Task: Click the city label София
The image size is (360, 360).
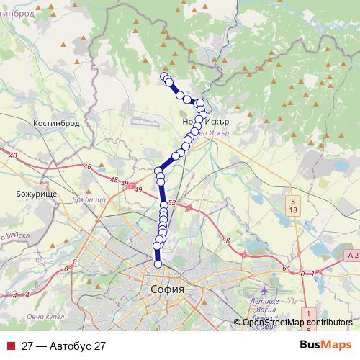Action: click(167, 289)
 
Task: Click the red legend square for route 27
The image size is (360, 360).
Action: click(10, 346)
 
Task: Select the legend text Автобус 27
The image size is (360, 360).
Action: click(63, 346)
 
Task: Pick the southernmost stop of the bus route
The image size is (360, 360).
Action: click(158, 264)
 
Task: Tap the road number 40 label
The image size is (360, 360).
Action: click(12, 156)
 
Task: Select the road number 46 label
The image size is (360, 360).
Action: click(88, 168)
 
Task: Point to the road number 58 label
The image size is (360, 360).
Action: click(225, 240)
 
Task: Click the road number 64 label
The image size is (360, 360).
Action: click(286, 269)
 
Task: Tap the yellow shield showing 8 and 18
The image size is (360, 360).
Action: click(293, 204)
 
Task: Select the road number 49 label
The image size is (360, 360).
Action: click(138, 189)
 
